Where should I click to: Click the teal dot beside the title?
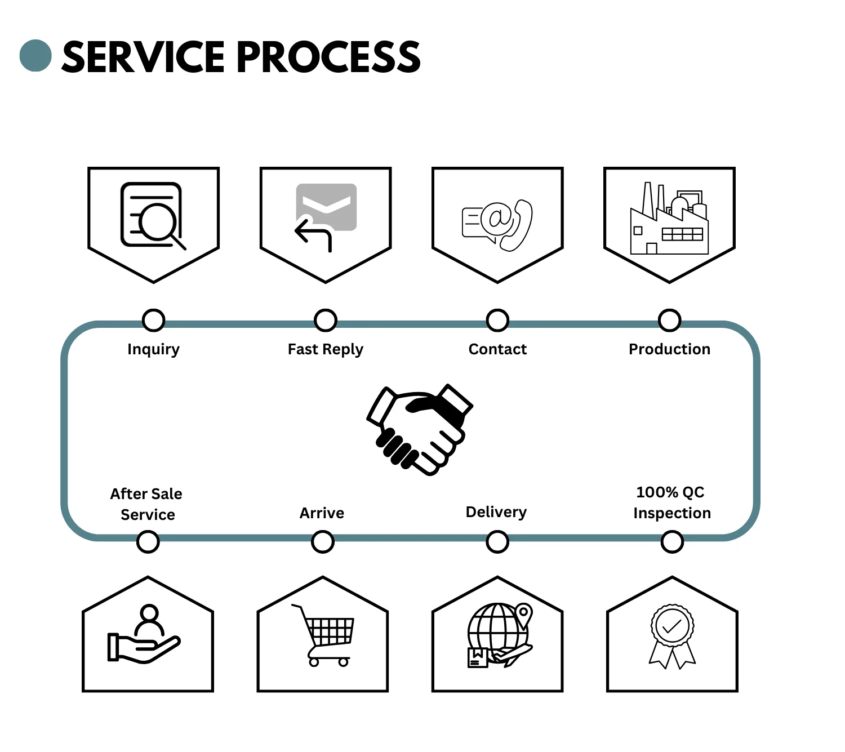coord(35,56)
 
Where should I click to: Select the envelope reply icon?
coord(325,216)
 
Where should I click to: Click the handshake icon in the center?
coord(420,429)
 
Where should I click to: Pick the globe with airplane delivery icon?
coord(499,635)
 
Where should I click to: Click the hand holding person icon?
coord(145,635)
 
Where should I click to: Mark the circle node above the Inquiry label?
coord(153,320)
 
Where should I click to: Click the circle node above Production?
coord(669,320)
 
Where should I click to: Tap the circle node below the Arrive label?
coord(322,542)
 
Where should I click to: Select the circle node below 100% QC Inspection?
coord(671,542)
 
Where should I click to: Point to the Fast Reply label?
coord(325,350)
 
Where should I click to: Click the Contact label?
coord(497,349)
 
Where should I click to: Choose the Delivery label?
coord(496,512)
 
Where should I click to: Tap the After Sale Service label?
coord(147,504)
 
